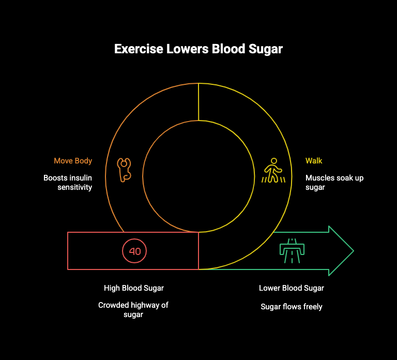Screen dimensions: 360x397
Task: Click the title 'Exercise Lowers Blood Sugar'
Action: [198, 50]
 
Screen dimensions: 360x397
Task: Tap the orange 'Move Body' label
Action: [73, 161]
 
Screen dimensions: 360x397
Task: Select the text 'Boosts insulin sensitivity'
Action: [68, 183]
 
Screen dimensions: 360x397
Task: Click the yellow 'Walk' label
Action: [314, 161]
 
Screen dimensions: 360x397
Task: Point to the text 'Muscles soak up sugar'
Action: [334, 183]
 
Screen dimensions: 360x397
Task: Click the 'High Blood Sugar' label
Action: [134, 288]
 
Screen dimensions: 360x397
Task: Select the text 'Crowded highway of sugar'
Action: [133, 310]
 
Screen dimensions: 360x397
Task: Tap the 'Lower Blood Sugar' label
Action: [292, 288]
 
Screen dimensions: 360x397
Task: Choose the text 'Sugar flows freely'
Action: [292, 307]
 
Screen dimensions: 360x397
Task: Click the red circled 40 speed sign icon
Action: [134, 251]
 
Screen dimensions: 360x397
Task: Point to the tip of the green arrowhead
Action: [353, 251]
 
